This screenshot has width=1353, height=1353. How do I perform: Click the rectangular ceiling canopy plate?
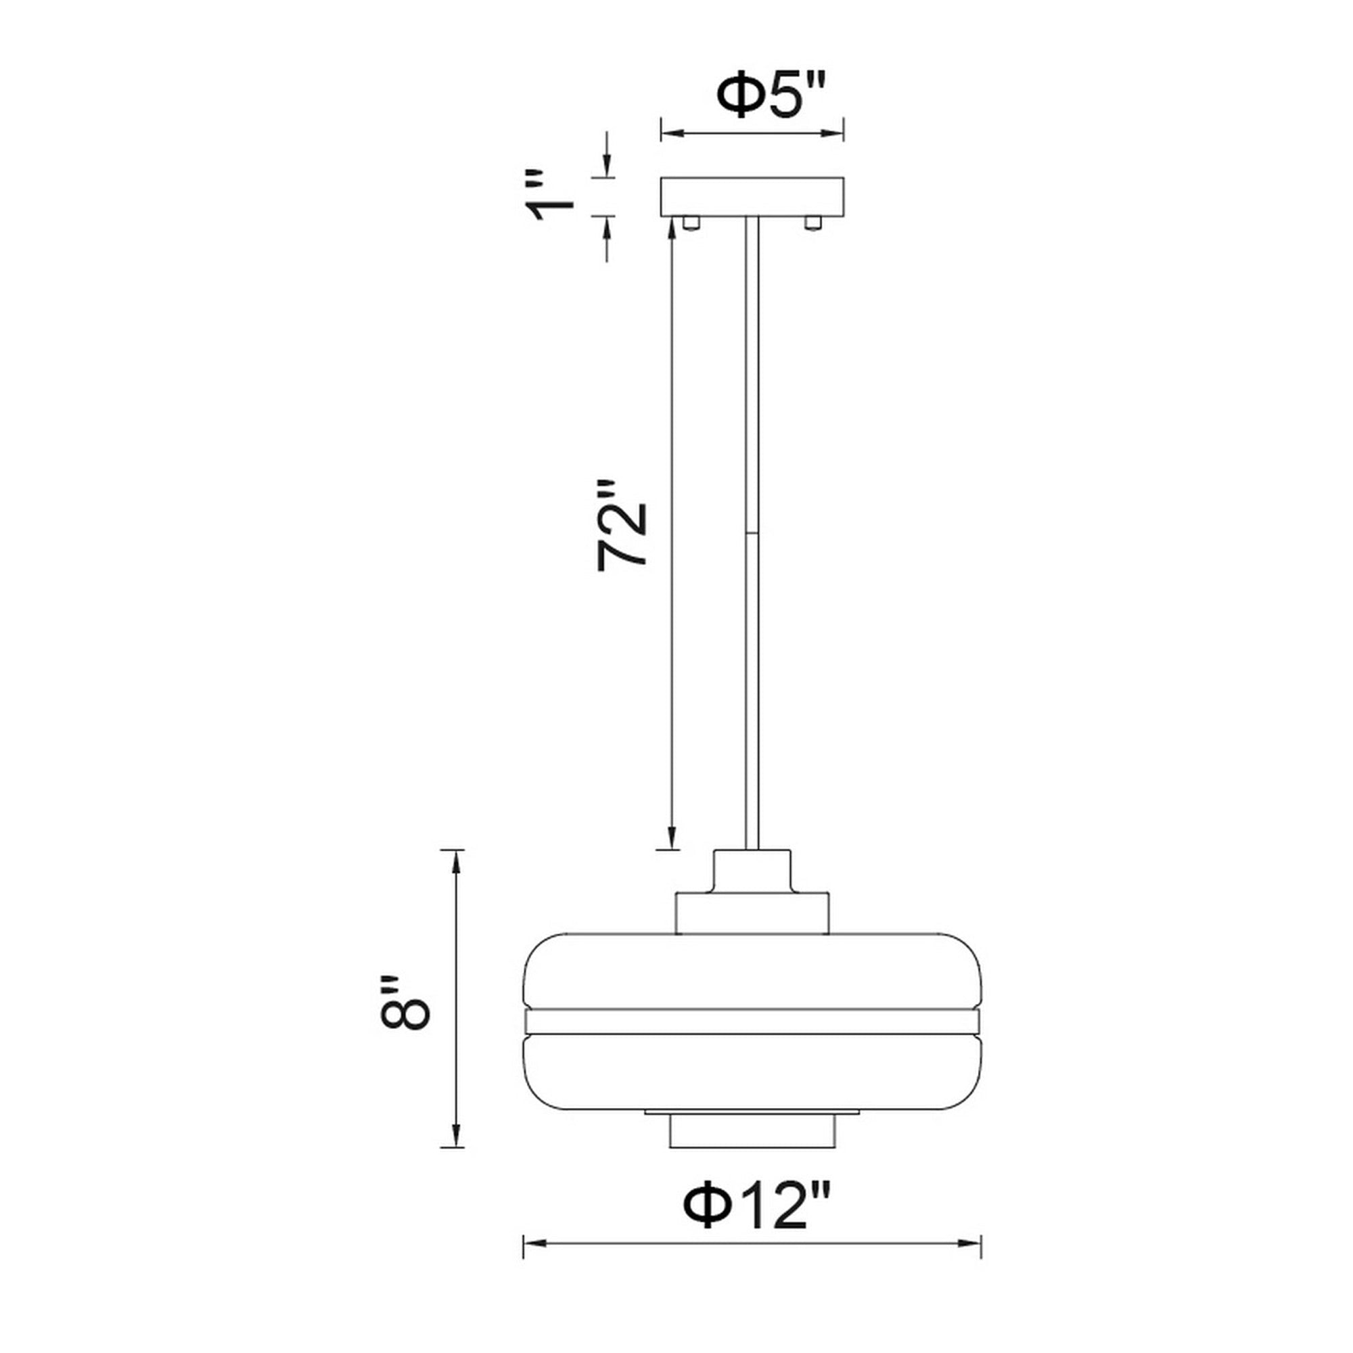pyautogui.click(x=752, y=197)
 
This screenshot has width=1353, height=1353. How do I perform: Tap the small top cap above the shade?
pyautogui.click(x=752, y=870)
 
